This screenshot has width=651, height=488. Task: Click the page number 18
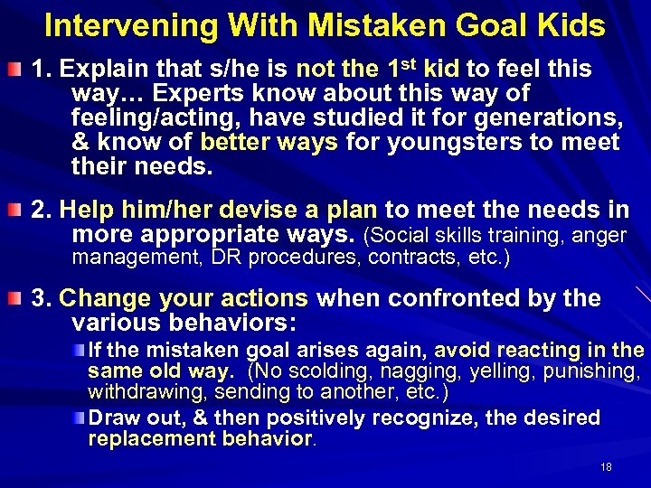606,467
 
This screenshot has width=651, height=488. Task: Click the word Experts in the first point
195,94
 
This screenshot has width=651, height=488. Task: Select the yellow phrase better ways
257,143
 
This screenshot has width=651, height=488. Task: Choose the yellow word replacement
145,440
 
